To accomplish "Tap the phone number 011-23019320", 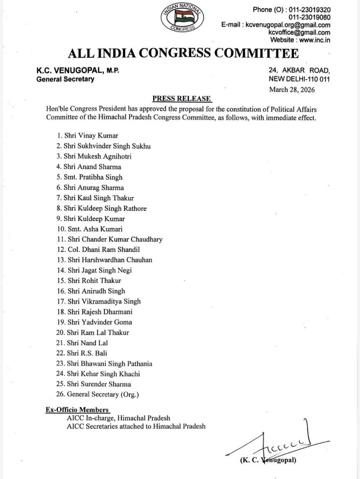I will point(308,10).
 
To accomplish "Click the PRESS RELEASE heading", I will point(182,99).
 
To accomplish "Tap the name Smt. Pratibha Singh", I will point(90,177).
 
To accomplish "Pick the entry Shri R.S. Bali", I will point(84,353).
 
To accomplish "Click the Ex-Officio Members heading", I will point(77,410).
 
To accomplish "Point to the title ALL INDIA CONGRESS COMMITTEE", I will point(183,54).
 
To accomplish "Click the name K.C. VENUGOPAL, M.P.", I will point(77,70).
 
